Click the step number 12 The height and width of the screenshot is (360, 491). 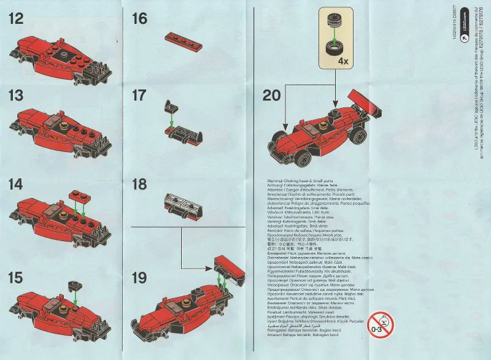tap(16, 18)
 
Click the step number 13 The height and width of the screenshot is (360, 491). tap(16, 96)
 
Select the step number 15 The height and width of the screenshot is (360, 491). tap(16, 277)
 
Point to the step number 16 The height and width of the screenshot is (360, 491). tap(140, 18)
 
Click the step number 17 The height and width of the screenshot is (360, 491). tap(140, 96)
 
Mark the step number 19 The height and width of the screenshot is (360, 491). tap(140, 277)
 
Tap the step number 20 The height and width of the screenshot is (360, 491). tap(272, 96)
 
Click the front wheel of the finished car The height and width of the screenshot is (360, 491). tap(303, 158)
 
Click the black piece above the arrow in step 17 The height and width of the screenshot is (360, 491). tap(172, 105)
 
